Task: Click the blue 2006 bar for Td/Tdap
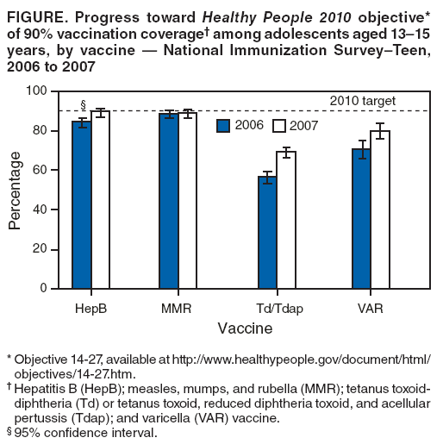pyautogui.click(x=267, y=232)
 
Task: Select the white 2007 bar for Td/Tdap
pyautogui.click(x=286, y=220)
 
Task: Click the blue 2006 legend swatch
pyautogui.click(x=223, y=126)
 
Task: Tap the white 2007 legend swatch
pyautogui.click(x=278, y=126)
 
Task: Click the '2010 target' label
pyautogui.click(x=362, y=101)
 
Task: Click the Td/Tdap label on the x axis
pyautogui.click(x=277, y=308)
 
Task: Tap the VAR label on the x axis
pyautogui.click(x=371, y=308)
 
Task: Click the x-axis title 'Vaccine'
pyautogui.click(x=245, y=328)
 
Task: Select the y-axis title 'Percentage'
pyautogui.click(x=15, y=190)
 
